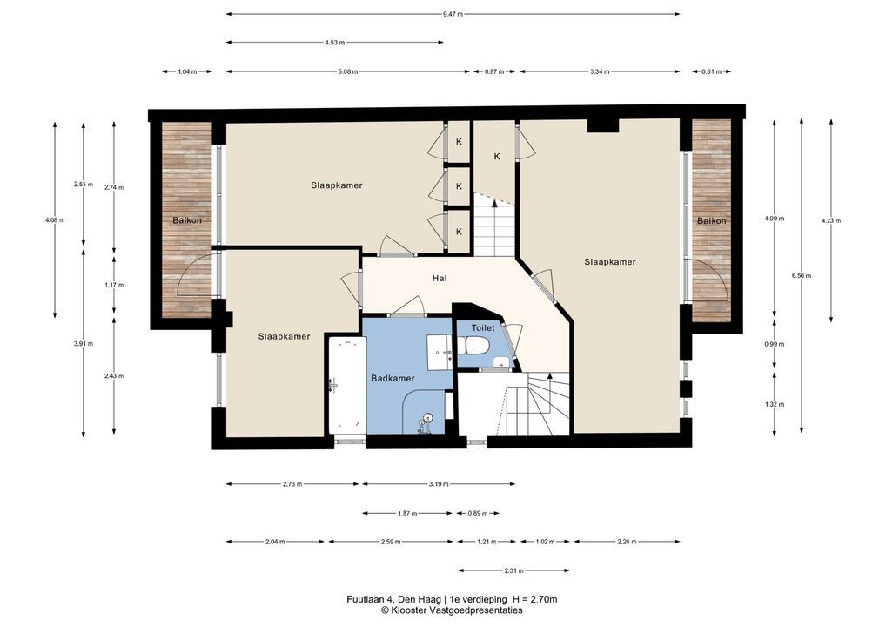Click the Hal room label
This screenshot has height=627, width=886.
tap(439, 278)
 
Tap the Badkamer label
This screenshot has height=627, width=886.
tap(393, 378)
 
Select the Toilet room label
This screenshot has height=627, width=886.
tap(483, 328)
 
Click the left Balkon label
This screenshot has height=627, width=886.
tap(187, 220)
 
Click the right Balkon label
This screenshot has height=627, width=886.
tap(711, 220)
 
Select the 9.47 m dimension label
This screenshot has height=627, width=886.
tap(453, 14)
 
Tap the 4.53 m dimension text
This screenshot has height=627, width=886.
tap(334, 43)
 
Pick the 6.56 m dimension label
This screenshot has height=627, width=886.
tap(802, 276)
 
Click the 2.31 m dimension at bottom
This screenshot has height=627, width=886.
tap(513, 570)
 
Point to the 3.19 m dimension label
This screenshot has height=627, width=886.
tap(439, 484)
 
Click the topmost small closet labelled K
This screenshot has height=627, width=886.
tap(459, 142)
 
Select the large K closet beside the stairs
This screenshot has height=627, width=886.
tap(497, 157)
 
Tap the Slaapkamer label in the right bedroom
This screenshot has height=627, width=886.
tap(610, 262)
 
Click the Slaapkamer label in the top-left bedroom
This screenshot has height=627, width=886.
tap(336, 185)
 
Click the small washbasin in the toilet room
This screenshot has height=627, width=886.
tap(500, 362)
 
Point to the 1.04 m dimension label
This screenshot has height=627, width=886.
tap(187, 71)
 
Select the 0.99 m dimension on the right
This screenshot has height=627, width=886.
tap(774, 344)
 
